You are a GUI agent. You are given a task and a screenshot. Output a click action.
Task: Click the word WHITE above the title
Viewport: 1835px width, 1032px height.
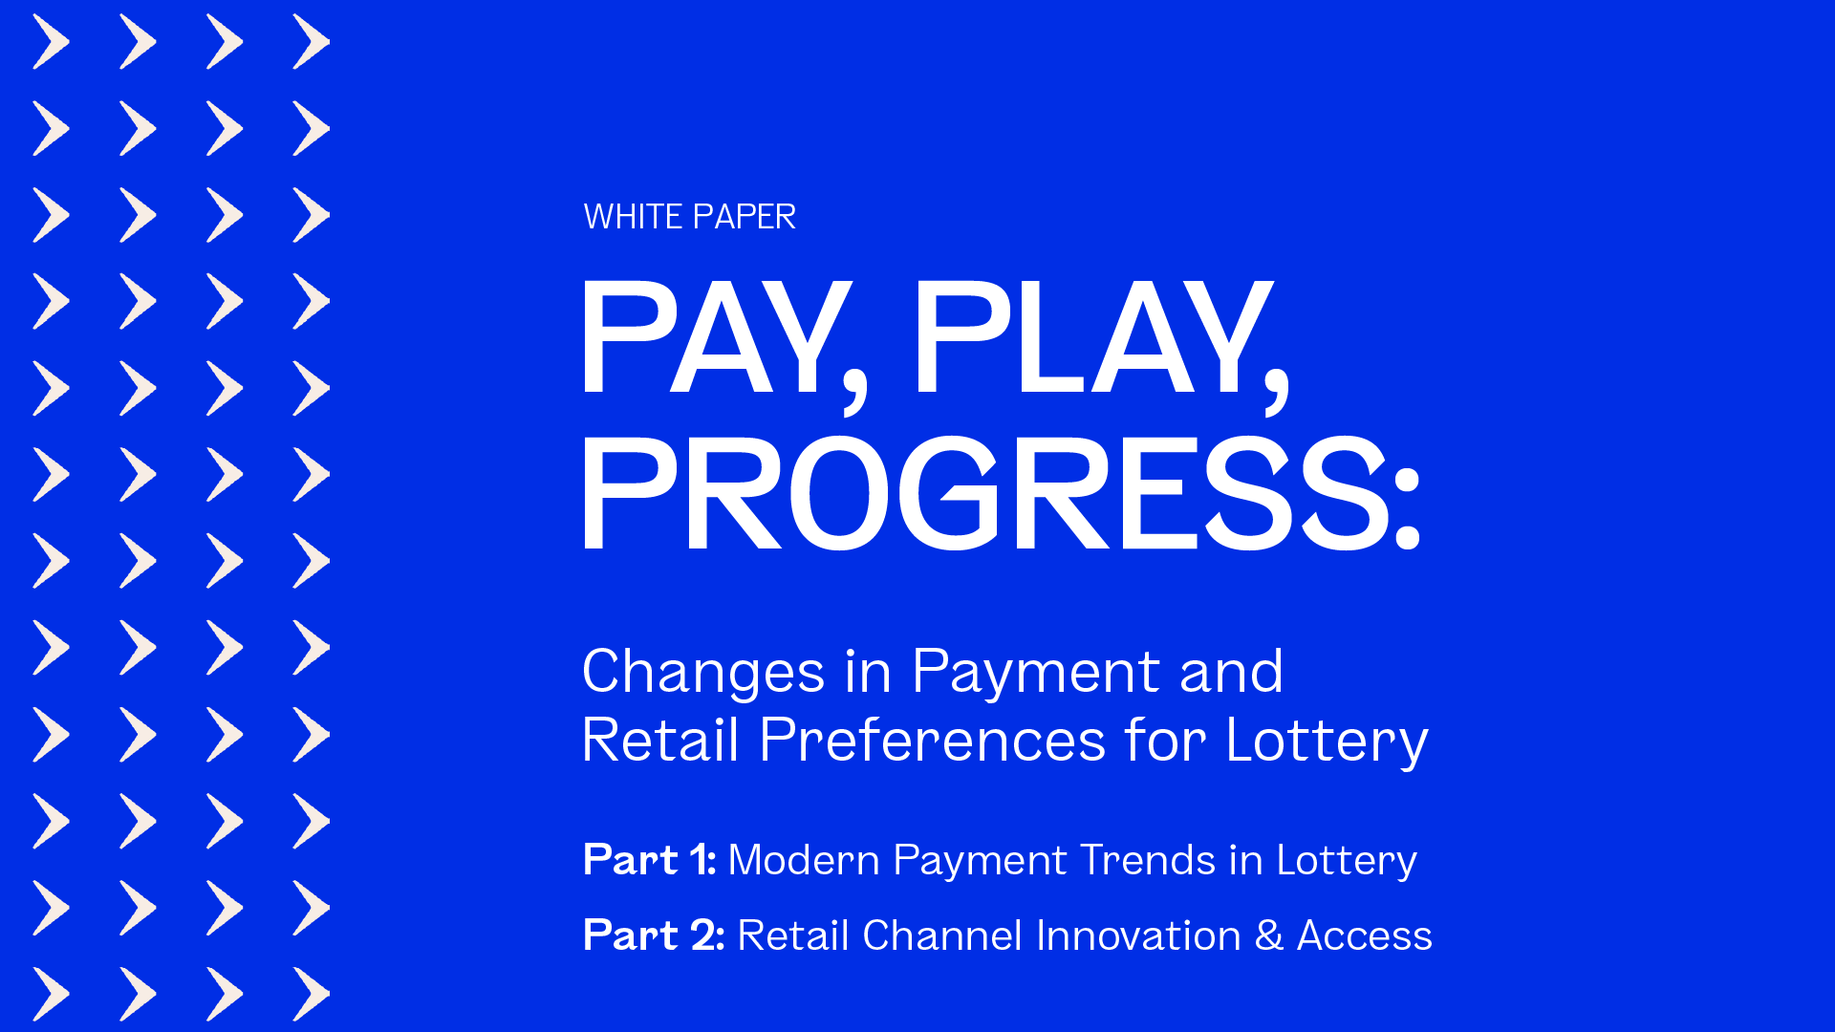click(x=633, y=217)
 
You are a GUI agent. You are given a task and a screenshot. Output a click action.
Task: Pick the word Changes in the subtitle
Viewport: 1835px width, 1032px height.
click(x=703, y=672)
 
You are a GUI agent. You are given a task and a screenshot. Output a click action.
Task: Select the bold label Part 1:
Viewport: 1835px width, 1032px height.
click(x=650, y=860)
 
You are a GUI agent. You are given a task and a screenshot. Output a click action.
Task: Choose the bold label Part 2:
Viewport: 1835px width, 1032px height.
click(x=654, y=935)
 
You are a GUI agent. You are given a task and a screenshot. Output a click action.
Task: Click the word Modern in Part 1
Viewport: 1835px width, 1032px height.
click(x=803, y=860)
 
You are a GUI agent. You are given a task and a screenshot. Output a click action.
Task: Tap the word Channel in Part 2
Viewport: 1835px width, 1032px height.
click(x=942, y=935)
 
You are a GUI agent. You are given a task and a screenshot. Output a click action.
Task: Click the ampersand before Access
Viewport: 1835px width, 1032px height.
click(x=1269, y=935)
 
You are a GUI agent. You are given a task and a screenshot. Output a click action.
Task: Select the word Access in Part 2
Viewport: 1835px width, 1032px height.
click(x=1365, y=935)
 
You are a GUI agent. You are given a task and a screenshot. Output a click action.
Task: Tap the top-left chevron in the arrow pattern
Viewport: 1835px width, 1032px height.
click(x=52, y=42)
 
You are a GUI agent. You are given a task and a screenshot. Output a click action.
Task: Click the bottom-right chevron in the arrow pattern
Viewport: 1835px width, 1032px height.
click(x=312, y=994)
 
